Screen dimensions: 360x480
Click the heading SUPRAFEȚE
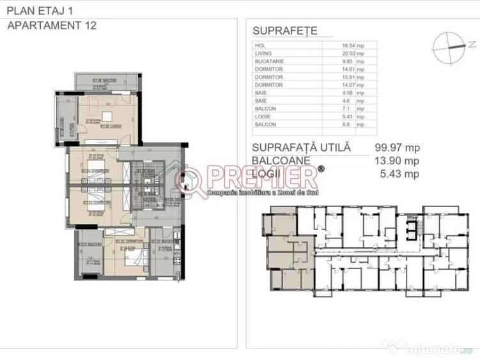[284, 31]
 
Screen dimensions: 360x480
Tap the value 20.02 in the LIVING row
[348, 54]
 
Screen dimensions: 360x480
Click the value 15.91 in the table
[348, 77]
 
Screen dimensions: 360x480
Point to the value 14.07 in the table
[348, 85]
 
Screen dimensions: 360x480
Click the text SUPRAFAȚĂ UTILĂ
[302, 148]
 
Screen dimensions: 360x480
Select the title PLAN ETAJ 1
[40, 10]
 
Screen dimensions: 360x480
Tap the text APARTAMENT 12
[49, 26]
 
